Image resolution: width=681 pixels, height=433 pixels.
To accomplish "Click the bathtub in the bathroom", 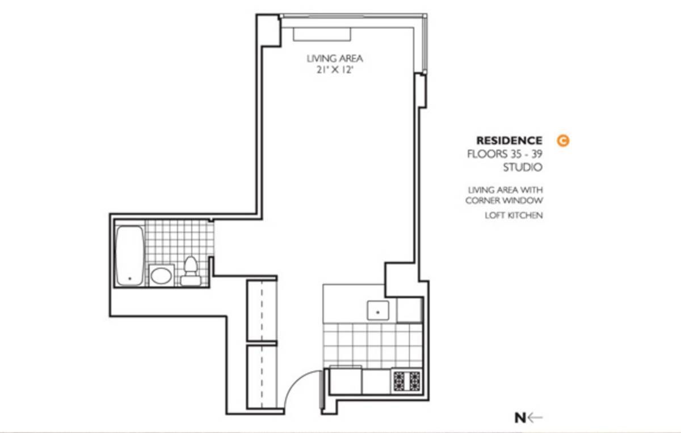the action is tap(130, 256).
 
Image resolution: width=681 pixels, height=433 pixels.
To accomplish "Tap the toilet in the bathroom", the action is tap(191, 271).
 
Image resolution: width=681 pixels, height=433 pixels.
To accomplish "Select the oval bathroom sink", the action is tap(161, 275).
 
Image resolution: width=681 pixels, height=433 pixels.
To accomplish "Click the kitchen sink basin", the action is tap(378, 311).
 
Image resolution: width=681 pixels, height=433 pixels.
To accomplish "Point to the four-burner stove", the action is tap(406, 381).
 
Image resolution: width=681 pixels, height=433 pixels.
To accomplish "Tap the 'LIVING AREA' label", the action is tap(335, 58).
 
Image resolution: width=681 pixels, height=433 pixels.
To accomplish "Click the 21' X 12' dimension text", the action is tap(335, 70).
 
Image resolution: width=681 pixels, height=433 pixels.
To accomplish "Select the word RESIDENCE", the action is tap(509, 141).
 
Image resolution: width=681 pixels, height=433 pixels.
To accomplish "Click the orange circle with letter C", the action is tap(563, 141).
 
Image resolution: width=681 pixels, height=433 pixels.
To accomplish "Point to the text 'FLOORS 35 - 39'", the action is tap(505, 154).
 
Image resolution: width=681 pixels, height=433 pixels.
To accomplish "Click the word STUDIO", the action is tap(523, 167).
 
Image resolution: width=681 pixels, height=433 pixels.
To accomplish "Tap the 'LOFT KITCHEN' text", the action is tap(514, 215).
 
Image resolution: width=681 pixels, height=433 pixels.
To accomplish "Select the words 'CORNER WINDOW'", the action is tap(504, 201).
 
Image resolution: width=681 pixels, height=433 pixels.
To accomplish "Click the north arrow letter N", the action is tap(520, 418).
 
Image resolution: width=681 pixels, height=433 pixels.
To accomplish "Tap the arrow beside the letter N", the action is tap(535, 418).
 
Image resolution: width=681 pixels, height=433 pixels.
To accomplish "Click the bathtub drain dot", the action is tap(130, 278).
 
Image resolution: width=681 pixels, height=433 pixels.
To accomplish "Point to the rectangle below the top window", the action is tap(322, 35).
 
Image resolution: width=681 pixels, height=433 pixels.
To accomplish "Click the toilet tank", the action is tap(191, 281).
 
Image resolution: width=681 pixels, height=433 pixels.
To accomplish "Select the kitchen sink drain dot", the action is tap(378, 312).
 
